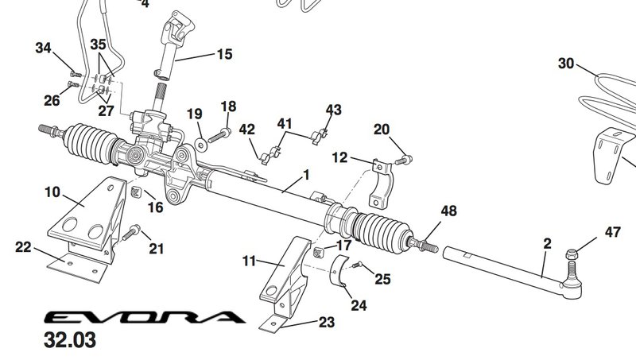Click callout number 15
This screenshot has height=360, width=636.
point(224,55)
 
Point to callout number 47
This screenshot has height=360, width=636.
point(612,232)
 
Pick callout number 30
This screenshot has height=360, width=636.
point(565,64)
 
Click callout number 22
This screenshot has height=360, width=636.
point(23,247)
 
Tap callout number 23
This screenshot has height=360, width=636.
point(326,323)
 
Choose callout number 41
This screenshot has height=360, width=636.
point(285,124)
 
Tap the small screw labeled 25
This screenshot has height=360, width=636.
point(358,265)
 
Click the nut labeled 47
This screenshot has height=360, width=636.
point(572,256)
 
